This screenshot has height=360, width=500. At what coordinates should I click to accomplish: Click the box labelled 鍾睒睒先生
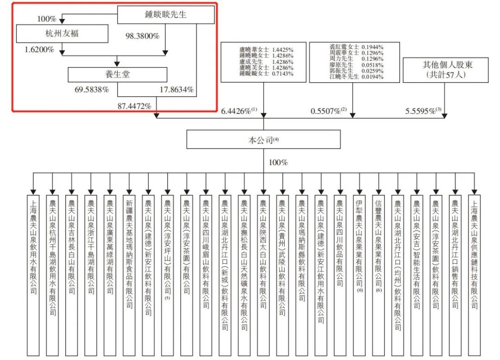coord(166,15)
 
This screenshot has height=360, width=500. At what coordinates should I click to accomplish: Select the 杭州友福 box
coord(62,33)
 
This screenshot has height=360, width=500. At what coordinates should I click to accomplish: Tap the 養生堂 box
coord(117,74)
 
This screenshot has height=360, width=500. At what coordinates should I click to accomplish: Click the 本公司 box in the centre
coord(263,139)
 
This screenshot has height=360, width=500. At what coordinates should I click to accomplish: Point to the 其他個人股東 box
coord(445,70)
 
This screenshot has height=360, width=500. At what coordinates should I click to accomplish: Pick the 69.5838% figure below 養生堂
coord(92,89)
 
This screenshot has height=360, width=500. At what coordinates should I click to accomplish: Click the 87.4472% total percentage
coord(134,106)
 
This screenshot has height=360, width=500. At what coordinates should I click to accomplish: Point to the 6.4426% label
coord(236,111)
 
